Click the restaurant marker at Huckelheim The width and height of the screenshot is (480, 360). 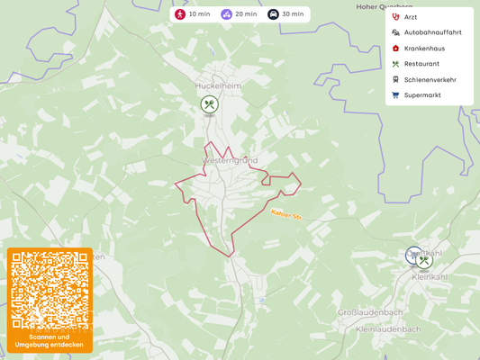(x=209, y=104)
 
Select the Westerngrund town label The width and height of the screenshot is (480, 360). (x=230, y=160)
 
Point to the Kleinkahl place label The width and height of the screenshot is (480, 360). (x=429, y=277)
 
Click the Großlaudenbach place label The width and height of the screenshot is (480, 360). (x=369, y=312)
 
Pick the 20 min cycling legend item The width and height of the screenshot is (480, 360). (x=240, y=14)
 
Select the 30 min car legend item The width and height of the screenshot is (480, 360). (x=286, y=14)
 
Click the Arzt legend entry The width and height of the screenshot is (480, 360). (x=411, y=17)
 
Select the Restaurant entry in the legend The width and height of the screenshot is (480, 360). (x=421, y=64)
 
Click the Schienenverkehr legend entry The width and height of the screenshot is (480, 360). (x=430, y=79)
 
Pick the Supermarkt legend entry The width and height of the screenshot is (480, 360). (x=422, y=94)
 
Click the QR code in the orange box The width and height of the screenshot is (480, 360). (x=50, y=290)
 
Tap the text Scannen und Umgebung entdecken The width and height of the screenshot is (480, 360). (x=50, y=340)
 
